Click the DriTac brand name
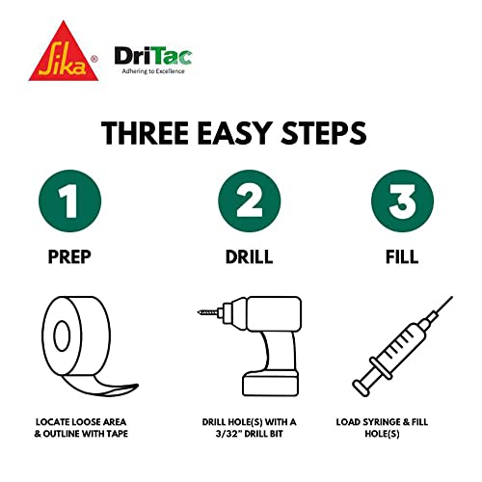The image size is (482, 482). [x=153, y=55]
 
